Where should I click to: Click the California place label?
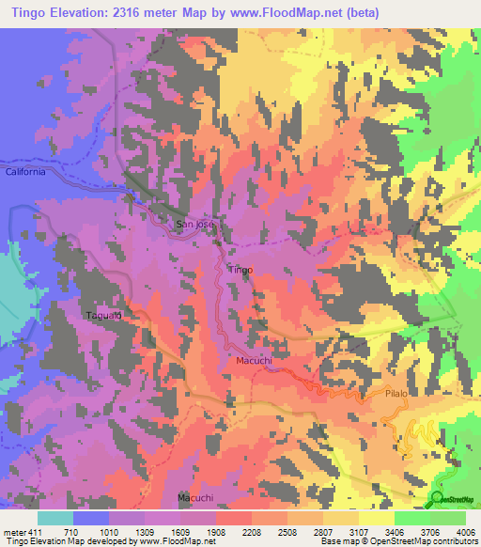tap(24, 172)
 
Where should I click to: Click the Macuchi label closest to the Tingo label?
tap(253, 359)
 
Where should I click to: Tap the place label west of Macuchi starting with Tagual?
tap(104, 315)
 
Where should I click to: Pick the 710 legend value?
tap(71, 531)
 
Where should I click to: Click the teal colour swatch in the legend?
tap(55, 518)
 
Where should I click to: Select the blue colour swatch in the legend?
tap(91, 518)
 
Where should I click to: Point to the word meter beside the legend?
tap(15, 531)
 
